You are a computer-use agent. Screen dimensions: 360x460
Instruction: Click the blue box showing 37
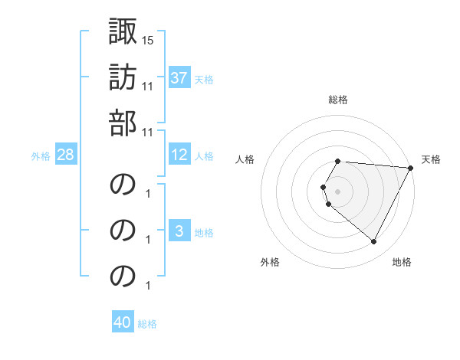pos(179,77)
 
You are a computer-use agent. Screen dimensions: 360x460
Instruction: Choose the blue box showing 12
pos(179,155)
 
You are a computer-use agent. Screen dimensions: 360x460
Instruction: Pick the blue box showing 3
pos(179,232)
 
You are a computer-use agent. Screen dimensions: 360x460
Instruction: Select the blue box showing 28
pos(66,155)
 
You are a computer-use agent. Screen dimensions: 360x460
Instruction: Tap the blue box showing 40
pos(123,322)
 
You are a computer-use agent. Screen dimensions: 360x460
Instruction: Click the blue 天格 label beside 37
pos(204,79)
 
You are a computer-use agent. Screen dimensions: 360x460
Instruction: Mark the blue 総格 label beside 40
pos(148,324)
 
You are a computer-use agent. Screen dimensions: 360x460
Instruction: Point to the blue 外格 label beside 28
pos(41,156)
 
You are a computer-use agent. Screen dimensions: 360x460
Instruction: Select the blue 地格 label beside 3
pos(204,233)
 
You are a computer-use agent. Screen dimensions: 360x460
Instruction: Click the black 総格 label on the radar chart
pos(338,100)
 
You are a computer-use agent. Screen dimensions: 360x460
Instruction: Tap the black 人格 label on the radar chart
pos(245,159)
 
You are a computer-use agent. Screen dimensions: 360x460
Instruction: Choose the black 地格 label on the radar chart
pos(402,263)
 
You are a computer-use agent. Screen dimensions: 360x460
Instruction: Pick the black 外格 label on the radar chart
pos(270,263)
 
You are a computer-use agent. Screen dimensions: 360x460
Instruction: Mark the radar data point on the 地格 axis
pos(374,242)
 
